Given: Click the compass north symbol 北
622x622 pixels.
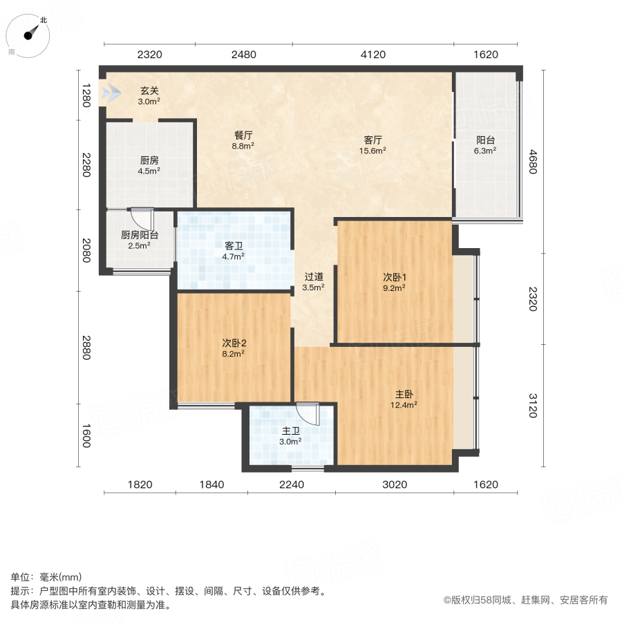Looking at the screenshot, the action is tap(44, 20).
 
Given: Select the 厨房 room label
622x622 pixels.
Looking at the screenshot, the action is tap(149, 165).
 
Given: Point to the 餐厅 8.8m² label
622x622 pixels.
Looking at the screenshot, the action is tap(243, 140).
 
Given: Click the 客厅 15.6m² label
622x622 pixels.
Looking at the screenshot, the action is tap(373, 145).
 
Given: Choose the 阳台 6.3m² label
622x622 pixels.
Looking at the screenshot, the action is tap(485, 145).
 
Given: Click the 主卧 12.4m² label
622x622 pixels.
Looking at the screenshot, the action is tap(404, 399).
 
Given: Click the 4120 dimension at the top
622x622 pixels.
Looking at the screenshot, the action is tap(373, 55).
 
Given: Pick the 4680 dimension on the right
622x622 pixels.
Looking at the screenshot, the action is tap(533, 162).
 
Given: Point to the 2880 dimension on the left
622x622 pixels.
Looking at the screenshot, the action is tap(86, 348).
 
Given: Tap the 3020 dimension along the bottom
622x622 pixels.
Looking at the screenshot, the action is tap(395, 484).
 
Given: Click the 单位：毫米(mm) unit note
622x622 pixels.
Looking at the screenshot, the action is tap(46, 577).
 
